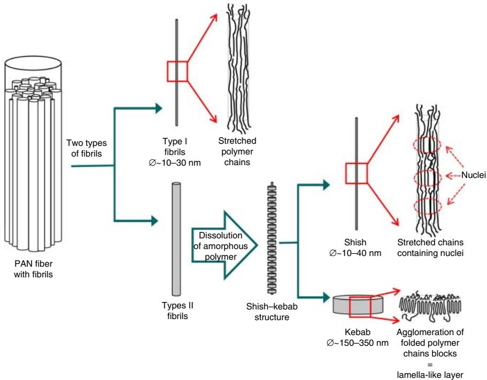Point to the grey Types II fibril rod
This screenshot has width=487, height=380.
pyautogui.click(x=176, y=238)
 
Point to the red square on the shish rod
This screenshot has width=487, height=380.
pyautogui.click(x=356, y=173)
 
